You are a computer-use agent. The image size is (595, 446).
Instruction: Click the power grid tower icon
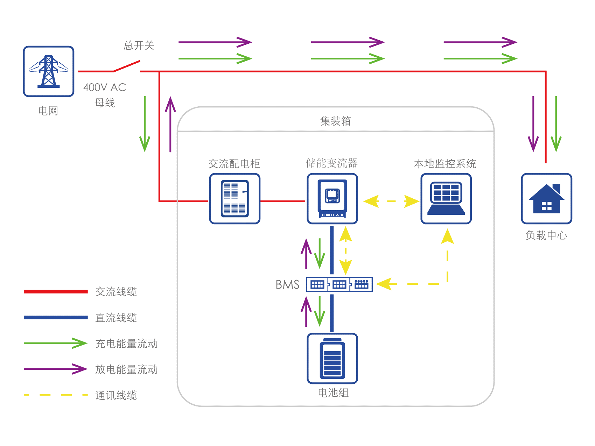(x=49, y=71)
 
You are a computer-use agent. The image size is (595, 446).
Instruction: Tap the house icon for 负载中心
(x=546, y=199)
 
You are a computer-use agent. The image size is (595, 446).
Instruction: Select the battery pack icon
(x=332, y=359)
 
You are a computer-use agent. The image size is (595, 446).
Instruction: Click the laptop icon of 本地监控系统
(x=446, y=199)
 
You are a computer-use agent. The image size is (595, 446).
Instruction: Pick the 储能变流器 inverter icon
(x=332, y=199)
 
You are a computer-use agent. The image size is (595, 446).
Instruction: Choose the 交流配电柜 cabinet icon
(x=234, y=199)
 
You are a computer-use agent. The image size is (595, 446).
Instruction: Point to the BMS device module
(x=339, y=284)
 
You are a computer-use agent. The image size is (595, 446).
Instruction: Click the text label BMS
(x=287, y=285)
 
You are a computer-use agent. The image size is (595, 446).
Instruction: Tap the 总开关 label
(x=139, y=45)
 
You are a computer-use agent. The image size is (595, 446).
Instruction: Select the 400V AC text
(x=105, y=87)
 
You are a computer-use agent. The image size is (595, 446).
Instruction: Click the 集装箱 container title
(x=335, y=121)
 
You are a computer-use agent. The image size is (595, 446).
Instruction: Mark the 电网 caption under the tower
(x=48, y=111)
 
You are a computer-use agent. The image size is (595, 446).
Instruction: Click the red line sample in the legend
(x=56, y=291)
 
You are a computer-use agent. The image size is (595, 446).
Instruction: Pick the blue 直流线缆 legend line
(x=56, y=317)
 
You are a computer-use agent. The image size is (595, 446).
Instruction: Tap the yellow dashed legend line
(x=56, y=395)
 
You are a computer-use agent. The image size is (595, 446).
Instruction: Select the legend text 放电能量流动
(x=126, y=369)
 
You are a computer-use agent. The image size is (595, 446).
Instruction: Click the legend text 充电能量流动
(x=126, y=344)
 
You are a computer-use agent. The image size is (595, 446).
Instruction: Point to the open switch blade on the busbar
(x=127, y=66)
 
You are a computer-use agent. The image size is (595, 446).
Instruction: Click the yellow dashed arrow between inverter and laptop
(x=391, y=201)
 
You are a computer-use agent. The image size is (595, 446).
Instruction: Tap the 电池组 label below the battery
(x=333, y=393)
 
